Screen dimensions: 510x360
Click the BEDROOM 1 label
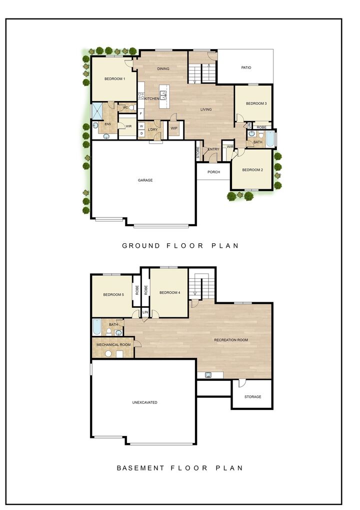click(x=114, y=79)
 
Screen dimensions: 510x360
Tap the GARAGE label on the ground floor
click(x=145, y=180)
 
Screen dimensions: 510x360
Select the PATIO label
click(x=246, y=68)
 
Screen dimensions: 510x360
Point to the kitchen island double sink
click(x=163, y=95)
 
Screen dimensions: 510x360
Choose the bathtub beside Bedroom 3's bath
click(x=269, y=139)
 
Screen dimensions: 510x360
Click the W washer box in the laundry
click(x=141, y=126)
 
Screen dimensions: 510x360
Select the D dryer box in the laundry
click(x=141, y=133)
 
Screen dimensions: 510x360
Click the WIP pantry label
click(x=174, y=129)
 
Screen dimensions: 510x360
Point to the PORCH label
click(x=213, y=172)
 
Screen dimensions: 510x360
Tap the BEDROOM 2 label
click(x=252, y=170)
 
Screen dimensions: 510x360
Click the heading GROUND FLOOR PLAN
click(x=180, y=246)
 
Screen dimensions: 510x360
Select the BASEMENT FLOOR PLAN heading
click(x=180, y=468)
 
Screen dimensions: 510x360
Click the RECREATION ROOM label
click(x=231, y=340)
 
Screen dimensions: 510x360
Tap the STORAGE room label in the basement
click(x=252, y=397)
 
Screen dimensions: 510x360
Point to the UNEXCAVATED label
click(x=145, y=402)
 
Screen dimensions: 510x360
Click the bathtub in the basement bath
click(x=96, y=327)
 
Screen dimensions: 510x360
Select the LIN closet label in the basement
click(x=145, y=312)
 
